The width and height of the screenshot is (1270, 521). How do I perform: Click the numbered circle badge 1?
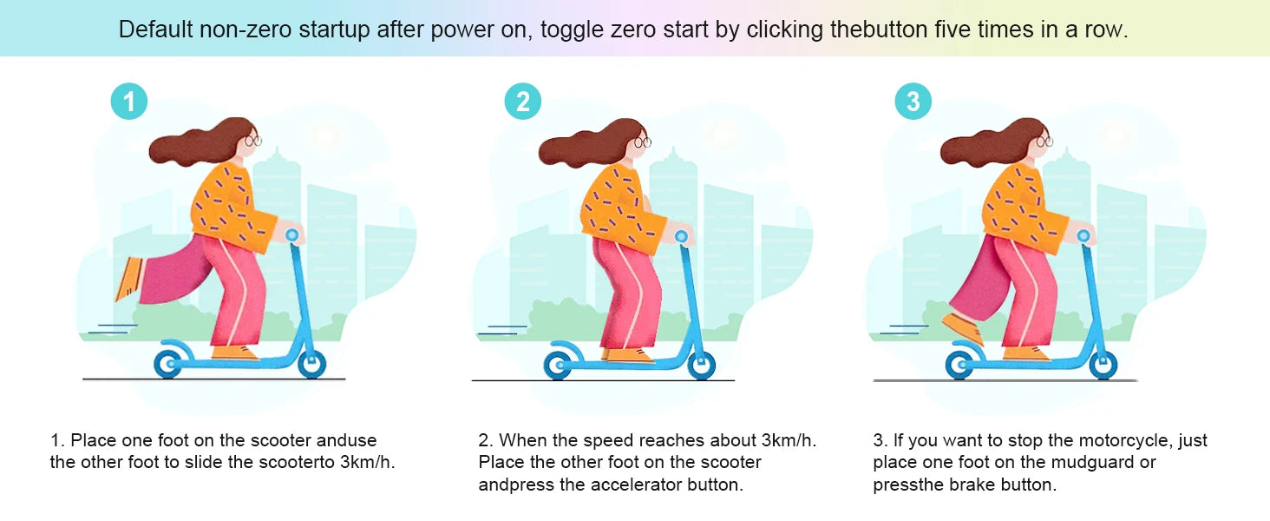pos(129,102)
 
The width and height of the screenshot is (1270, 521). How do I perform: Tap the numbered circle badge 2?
pos(523,102)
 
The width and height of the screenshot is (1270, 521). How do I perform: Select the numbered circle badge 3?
pos(913,102)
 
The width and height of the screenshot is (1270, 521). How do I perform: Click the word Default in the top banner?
pos(156,30)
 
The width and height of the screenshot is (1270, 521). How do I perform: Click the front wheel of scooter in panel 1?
pos(311,363)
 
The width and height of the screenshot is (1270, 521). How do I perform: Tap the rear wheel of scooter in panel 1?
pos(168,363)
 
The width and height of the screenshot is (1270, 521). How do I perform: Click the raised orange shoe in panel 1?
pos(130,278)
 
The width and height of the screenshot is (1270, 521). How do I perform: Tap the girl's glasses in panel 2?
pos(643,142)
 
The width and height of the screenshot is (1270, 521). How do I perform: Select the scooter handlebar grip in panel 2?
pos(682,236)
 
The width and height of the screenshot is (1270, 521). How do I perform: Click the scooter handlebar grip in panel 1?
pos(292,235)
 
